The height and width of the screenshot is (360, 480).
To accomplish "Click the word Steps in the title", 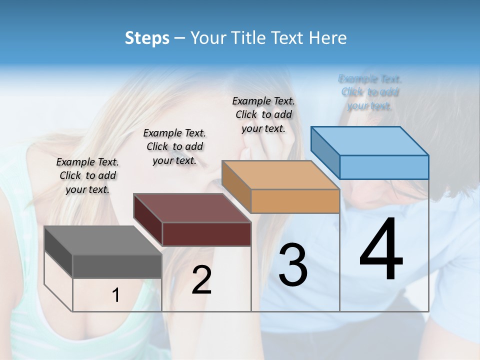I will coord(147,38).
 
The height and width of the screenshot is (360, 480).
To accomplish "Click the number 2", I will coord(201,280).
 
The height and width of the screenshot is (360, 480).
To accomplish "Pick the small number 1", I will coord(116,295).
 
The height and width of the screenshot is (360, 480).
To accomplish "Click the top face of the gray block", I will coord(103,240).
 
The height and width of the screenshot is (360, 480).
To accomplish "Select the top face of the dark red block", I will coord(192,208).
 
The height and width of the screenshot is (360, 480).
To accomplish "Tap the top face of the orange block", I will coord(280,175).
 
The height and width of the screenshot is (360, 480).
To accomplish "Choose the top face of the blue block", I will coord(369,141).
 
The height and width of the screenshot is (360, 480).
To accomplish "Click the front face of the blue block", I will coord(384,167).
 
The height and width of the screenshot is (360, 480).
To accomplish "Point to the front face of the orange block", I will coord(295,201).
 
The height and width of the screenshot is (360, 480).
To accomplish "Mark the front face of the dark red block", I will coord(206,234).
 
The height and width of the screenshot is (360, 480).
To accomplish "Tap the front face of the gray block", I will coord(117,266).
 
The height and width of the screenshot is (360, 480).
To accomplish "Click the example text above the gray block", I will coord(87,175).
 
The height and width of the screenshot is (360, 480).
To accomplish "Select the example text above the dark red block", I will coord(174,146).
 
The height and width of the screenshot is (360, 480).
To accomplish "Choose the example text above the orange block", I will coord(263,114).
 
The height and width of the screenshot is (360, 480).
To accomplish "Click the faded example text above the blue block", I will coord(370,92).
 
